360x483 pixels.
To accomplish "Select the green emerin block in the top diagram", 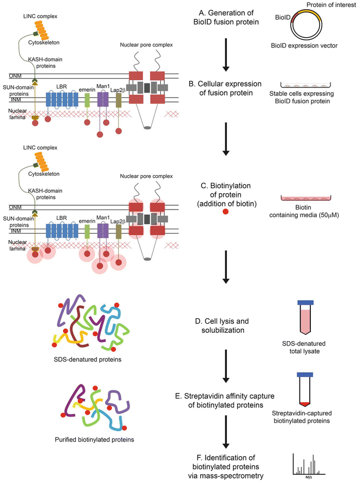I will click(87, 99).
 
